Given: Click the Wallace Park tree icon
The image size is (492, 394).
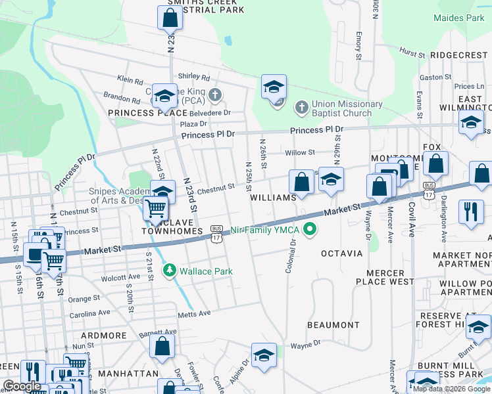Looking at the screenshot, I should (170, 269).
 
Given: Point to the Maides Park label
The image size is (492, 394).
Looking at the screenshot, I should (458, 18).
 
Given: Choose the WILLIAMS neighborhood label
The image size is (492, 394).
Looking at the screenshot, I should (274, 198).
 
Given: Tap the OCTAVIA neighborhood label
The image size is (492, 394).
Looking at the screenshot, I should (341, 253).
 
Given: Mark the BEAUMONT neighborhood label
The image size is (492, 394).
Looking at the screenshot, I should (333, 325).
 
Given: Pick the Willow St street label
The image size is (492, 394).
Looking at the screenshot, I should (300, 152).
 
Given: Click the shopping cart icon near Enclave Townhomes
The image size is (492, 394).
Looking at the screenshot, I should (156, 208).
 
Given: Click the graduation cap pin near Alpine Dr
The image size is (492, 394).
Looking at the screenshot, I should (264, 355).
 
